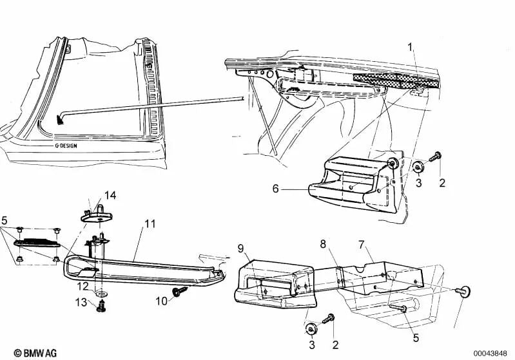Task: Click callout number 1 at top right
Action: pyautogui.click(x=409, y=46)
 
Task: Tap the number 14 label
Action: pyautogui.click(x=111, y=194)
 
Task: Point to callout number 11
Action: pyautogui.click(x=150, y=224)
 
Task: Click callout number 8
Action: pyautogui.click(x=324, y=243)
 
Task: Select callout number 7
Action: pyautogui.click(x=361, y=245)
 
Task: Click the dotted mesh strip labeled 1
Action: pyautogui.click(x=396, y=79)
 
